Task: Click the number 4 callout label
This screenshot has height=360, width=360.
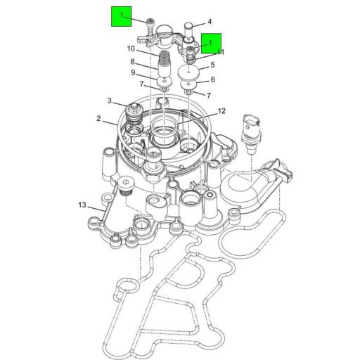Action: (x=209, y=22)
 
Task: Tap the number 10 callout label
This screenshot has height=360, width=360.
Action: (x=131, y=49)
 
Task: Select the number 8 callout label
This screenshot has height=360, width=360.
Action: (x=131, y=62)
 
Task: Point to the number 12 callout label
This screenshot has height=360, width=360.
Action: (x=221, y=110)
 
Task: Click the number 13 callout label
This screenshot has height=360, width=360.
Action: (x=82, y=205)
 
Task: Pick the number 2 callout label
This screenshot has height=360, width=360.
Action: (x=99, y=119)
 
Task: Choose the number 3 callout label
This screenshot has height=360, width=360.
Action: (x=110, y=101)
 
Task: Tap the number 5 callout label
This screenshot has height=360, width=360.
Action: (x=212, y=65)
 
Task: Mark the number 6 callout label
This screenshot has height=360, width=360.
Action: (x=212, y=79)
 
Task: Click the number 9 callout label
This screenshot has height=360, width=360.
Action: (x=131, y=72)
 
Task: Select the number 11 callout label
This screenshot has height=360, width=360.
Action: (x=220, y=52)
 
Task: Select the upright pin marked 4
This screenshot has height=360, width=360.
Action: (x=189, y=28)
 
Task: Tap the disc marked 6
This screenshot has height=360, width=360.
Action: (x=188, y=84)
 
